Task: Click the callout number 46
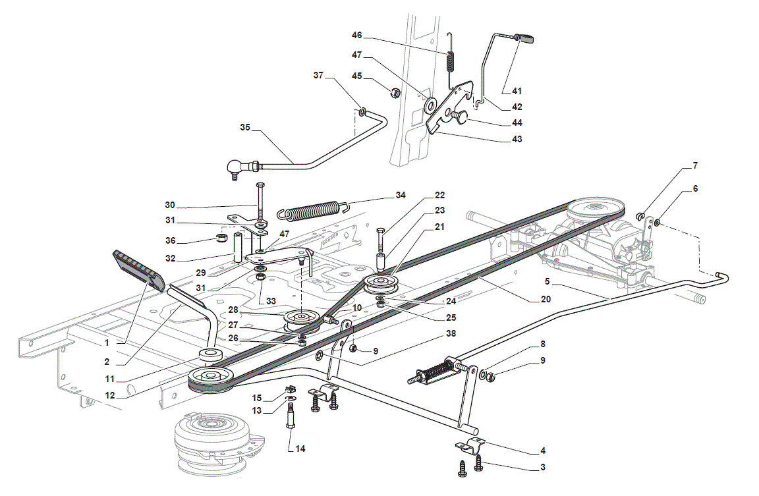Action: (356, 36)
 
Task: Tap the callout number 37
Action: (318, 76)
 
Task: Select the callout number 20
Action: (546, 300)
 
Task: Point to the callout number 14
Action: (300, 449)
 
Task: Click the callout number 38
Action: (451, 333)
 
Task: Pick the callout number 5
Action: (548, 281)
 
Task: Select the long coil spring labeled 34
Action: (313, 210)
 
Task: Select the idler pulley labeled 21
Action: (381, 285)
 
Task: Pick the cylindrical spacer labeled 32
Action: (238, 248)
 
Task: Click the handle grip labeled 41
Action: (525, 38)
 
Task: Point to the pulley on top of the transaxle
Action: (595, 210)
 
